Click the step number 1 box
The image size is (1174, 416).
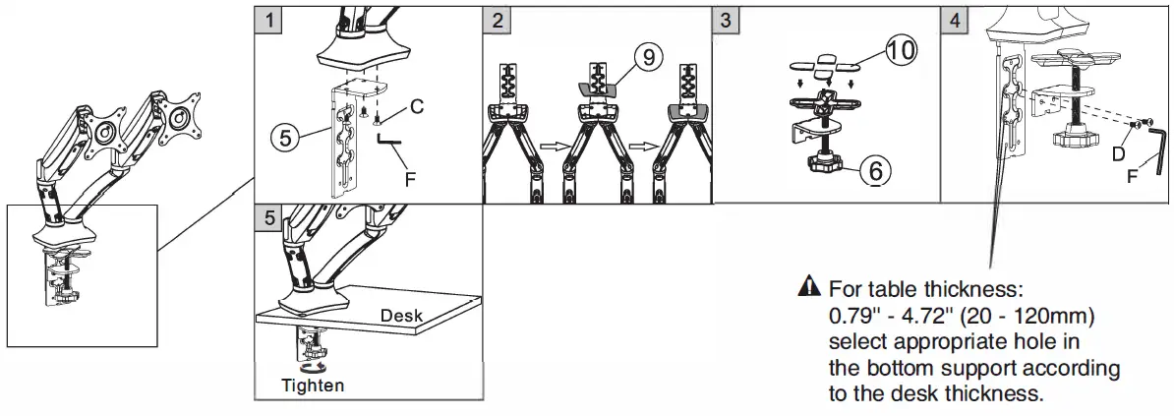pos(266,19)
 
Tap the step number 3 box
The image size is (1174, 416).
pos(726,19)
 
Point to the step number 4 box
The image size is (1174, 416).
pos(954,19)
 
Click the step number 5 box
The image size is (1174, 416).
pos(266,216)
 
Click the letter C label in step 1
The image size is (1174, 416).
pos(417,107)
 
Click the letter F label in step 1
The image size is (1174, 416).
pos(408,179)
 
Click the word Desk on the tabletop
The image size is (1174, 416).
pos(402,315)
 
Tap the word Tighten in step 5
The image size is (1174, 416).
pos(313,385)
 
